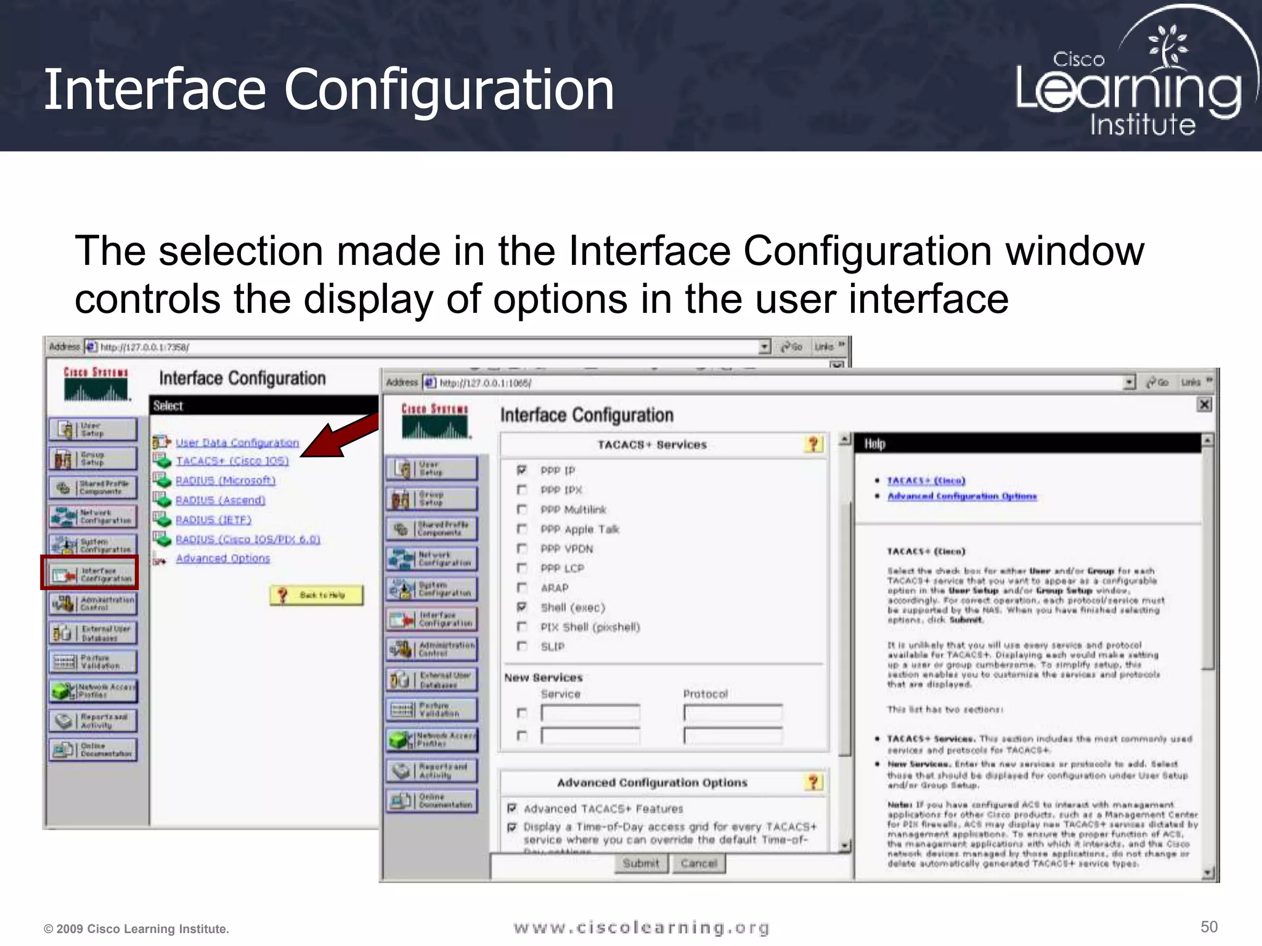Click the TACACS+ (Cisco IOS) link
[x=232, y=461]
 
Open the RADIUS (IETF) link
[x=213, y=520]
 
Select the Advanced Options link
[x=222, y=558]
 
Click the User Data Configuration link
[x=237, y=442]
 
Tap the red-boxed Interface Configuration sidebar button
[x=91, y=573]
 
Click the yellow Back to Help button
[x=317, y=595]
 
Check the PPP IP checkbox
[x=522, y=471]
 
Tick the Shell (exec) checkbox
[x=522, y=607]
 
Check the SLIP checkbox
[x=522, y=646]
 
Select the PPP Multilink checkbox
[x=522, y=509]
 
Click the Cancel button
[x=699, y=863]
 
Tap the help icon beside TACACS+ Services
[x=813, y=444]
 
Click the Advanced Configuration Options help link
[x=961, y=496]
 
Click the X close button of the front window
[x=1203, y=405]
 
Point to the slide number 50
[x=1208, y=927]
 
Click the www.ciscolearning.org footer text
[x=641, y=928]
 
